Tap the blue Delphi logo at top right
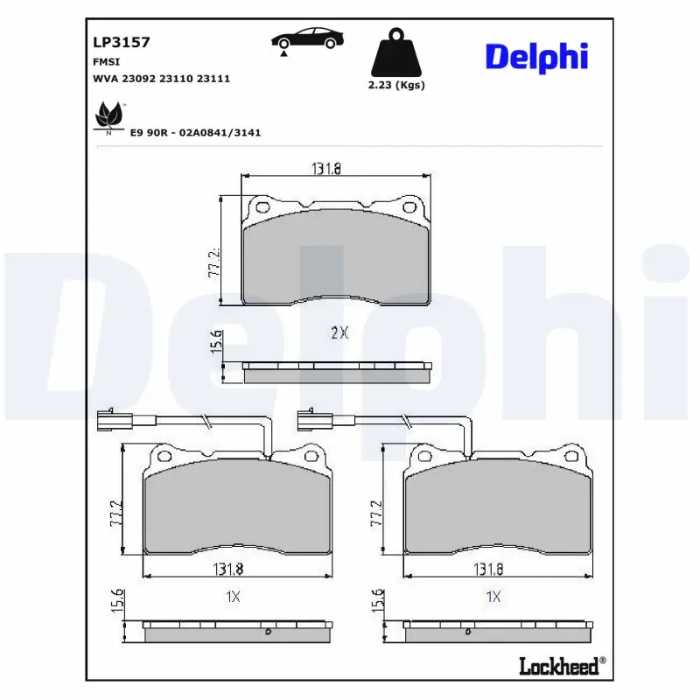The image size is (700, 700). tap(536, 57)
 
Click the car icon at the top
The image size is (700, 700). tap(306, 38)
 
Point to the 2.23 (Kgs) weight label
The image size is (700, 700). tap(395, 85)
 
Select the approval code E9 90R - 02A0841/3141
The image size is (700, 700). tap(195, 132)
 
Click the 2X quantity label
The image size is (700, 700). tap(339, 332)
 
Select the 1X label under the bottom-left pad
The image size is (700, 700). tap(233, 597)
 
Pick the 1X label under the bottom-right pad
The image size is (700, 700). tap(493, 597)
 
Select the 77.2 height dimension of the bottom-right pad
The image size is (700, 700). tap(377, 513)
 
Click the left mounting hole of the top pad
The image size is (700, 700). tap(261, 207)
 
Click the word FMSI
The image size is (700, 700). tap(106, 62)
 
